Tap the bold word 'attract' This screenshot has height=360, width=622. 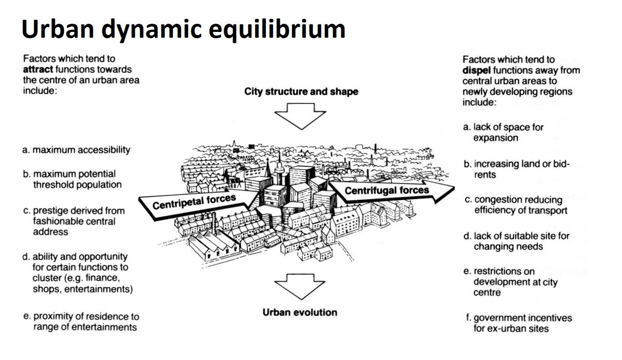[39, 70]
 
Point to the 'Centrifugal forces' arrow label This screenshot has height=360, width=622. [387, 191]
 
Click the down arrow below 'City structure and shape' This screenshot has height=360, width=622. [300, 115]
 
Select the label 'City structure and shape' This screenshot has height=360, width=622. [301, 92]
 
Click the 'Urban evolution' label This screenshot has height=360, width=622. [300, 312]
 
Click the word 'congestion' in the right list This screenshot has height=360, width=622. [496, 200]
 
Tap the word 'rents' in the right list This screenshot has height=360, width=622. [485, 174]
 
